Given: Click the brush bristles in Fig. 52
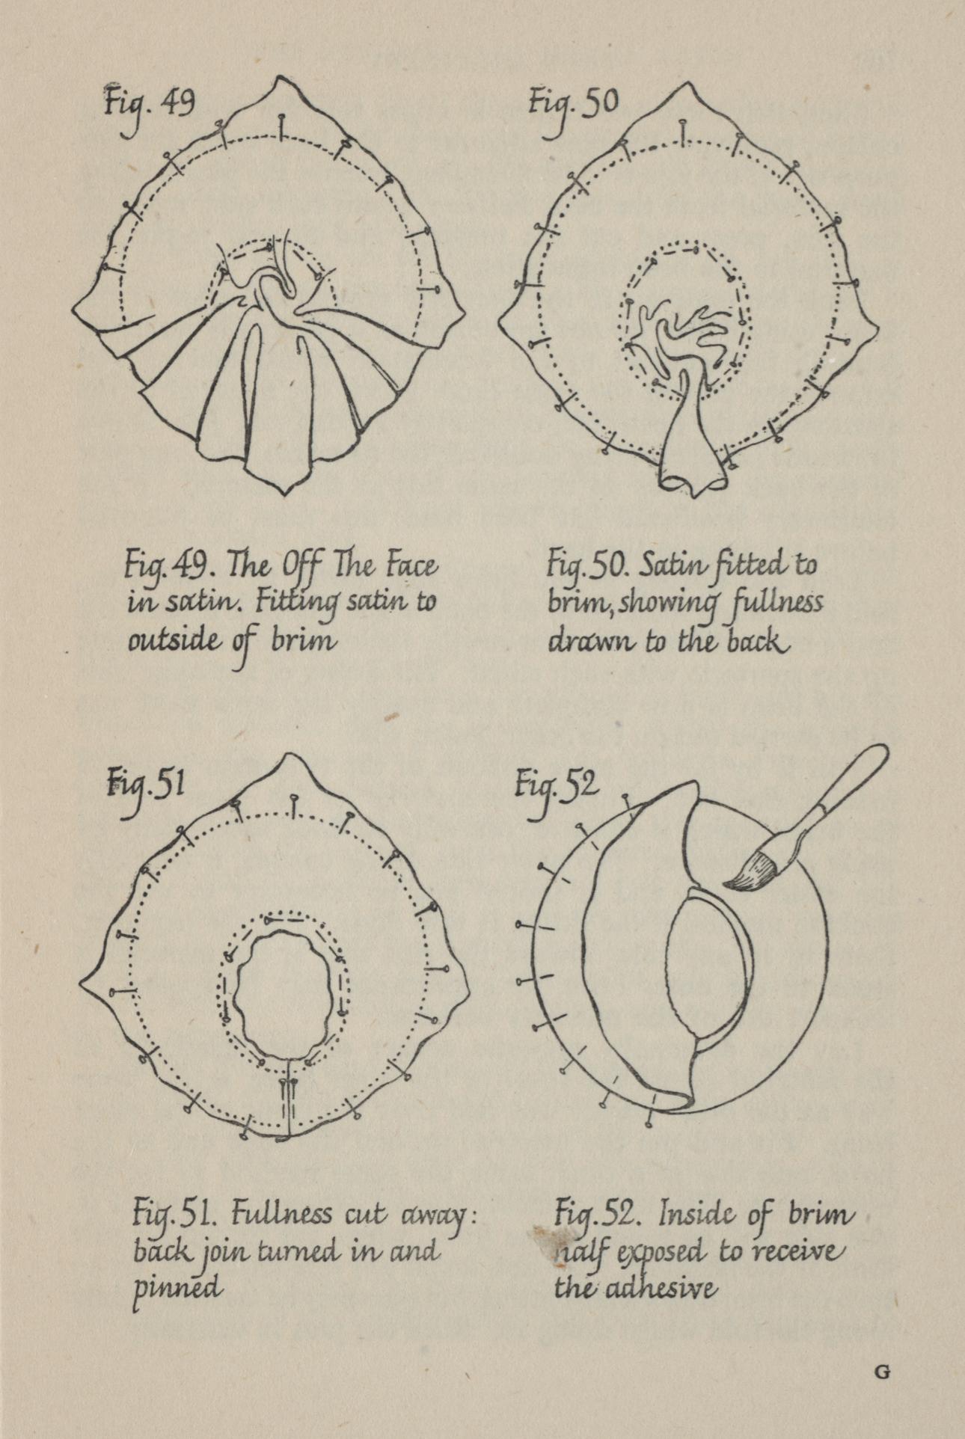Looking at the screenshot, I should (x=753, y=871).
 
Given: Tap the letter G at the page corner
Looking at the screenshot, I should (x=883, y=1372).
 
